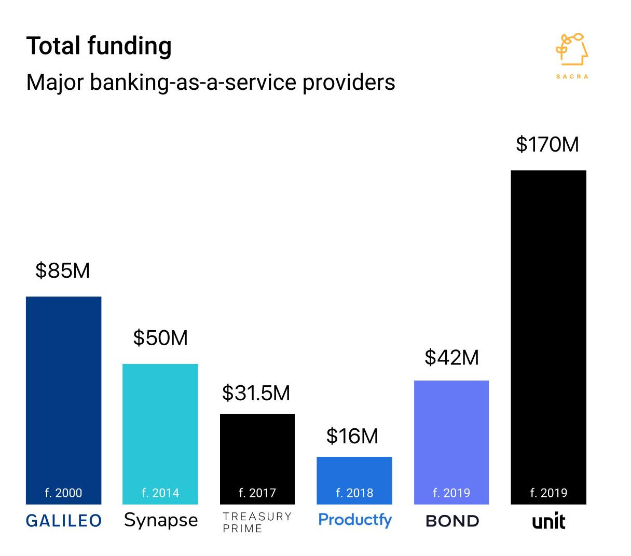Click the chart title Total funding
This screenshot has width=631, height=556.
[99, 46]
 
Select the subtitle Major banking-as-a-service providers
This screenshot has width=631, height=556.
[210, 82]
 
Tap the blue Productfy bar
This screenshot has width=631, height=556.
[354, 472]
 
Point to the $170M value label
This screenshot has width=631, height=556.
[547, 144]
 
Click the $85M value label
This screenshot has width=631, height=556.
[63, 270]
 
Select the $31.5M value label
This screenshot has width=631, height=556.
[256, 393]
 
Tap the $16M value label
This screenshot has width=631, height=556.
[352, 436]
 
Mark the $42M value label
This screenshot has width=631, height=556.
[451, 357]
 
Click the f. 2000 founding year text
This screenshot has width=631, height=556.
[63, 493]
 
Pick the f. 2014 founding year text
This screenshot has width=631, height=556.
[160, 493]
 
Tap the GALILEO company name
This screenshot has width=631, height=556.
[64, 521]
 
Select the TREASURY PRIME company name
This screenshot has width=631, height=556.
[257, 522]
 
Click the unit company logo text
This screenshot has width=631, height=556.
[548, 521]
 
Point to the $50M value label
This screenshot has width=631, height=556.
[160, 338]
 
